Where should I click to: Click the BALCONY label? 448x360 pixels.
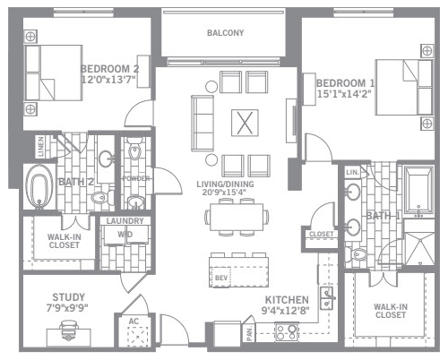pos(226,33)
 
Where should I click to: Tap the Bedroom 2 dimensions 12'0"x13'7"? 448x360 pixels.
pos(108,80)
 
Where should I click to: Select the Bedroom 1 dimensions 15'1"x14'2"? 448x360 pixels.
pos(344,94)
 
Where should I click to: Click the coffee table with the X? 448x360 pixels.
pos(245,123)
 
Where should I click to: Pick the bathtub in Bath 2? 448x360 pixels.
pos(39,186)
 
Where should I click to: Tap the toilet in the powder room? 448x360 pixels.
pos(134,150)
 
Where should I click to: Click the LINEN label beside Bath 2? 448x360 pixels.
pos(41,147)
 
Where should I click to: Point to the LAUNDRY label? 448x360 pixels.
pos(125,221)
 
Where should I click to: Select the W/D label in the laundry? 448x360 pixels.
pos(125,235)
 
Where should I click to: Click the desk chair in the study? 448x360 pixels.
pos(69,329)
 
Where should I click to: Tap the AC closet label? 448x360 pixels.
pos(134,321)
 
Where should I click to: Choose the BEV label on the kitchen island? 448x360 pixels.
pos(221,278)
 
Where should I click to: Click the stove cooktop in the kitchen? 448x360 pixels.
pos(287,332)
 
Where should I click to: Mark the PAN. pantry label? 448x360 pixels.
pos(250,333)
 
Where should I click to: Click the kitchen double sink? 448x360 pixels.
pos(327,298)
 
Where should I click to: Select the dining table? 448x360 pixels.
pos(237,217)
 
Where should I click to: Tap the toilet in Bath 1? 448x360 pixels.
pos(358,254)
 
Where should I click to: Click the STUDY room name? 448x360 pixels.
pos(68,297)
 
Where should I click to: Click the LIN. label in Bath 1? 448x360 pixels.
pos(352,173)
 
